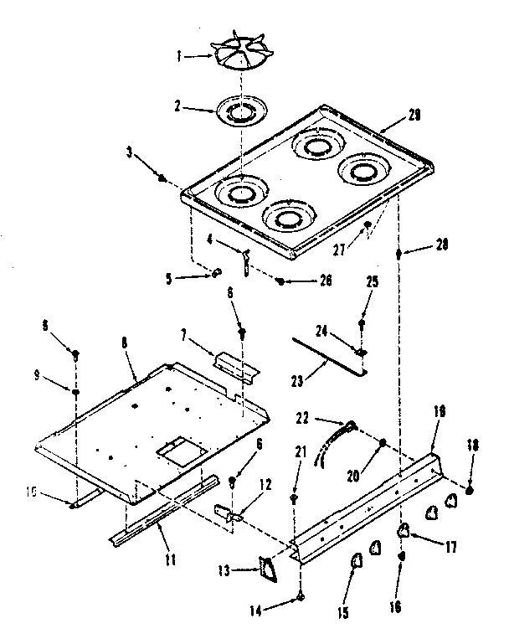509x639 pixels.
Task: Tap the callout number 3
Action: coord(131,152)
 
